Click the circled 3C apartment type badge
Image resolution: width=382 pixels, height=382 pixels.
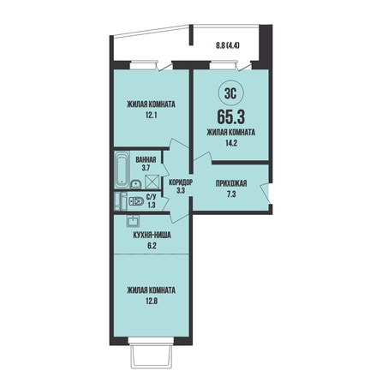[230, 93]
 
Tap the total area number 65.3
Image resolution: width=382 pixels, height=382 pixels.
[231, 116]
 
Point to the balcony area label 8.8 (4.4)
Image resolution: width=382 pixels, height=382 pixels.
[227, 45]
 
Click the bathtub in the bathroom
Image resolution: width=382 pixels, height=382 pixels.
[122, 170]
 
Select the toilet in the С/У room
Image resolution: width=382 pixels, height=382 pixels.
[136, 202]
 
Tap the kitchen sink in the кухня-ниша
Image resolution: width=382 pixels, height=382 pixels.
[133, 221]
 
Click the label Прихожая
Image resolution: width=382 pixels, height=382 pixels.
[231, 183]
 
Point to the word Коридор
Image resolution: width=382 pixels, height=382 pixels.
[181, 182]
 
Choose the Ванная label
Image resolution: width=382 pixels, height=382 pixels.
[146, 159]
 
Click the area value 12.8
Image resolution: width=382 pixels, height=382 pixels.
[151, 301]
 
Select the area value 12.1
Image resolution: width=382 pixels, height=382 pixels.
[151, 116]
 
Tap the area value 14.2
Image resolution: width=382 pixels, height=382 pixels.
[231, 143]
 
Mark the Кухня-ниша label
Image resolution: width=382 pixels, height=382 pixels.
[152, 236]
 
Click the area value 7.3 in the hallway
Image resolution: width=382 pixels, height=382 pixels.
[231, 194]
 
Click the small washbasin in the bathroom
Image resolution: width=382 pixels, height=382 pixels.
[136, 184]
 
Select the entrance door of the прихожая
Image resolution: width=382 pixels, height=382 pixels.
[266, 194]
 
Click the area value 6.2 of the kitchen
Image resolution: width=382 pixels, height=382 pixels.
[152, 246]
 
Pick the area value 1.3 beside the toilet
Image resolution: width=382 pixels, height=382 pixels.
[152, 205]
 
